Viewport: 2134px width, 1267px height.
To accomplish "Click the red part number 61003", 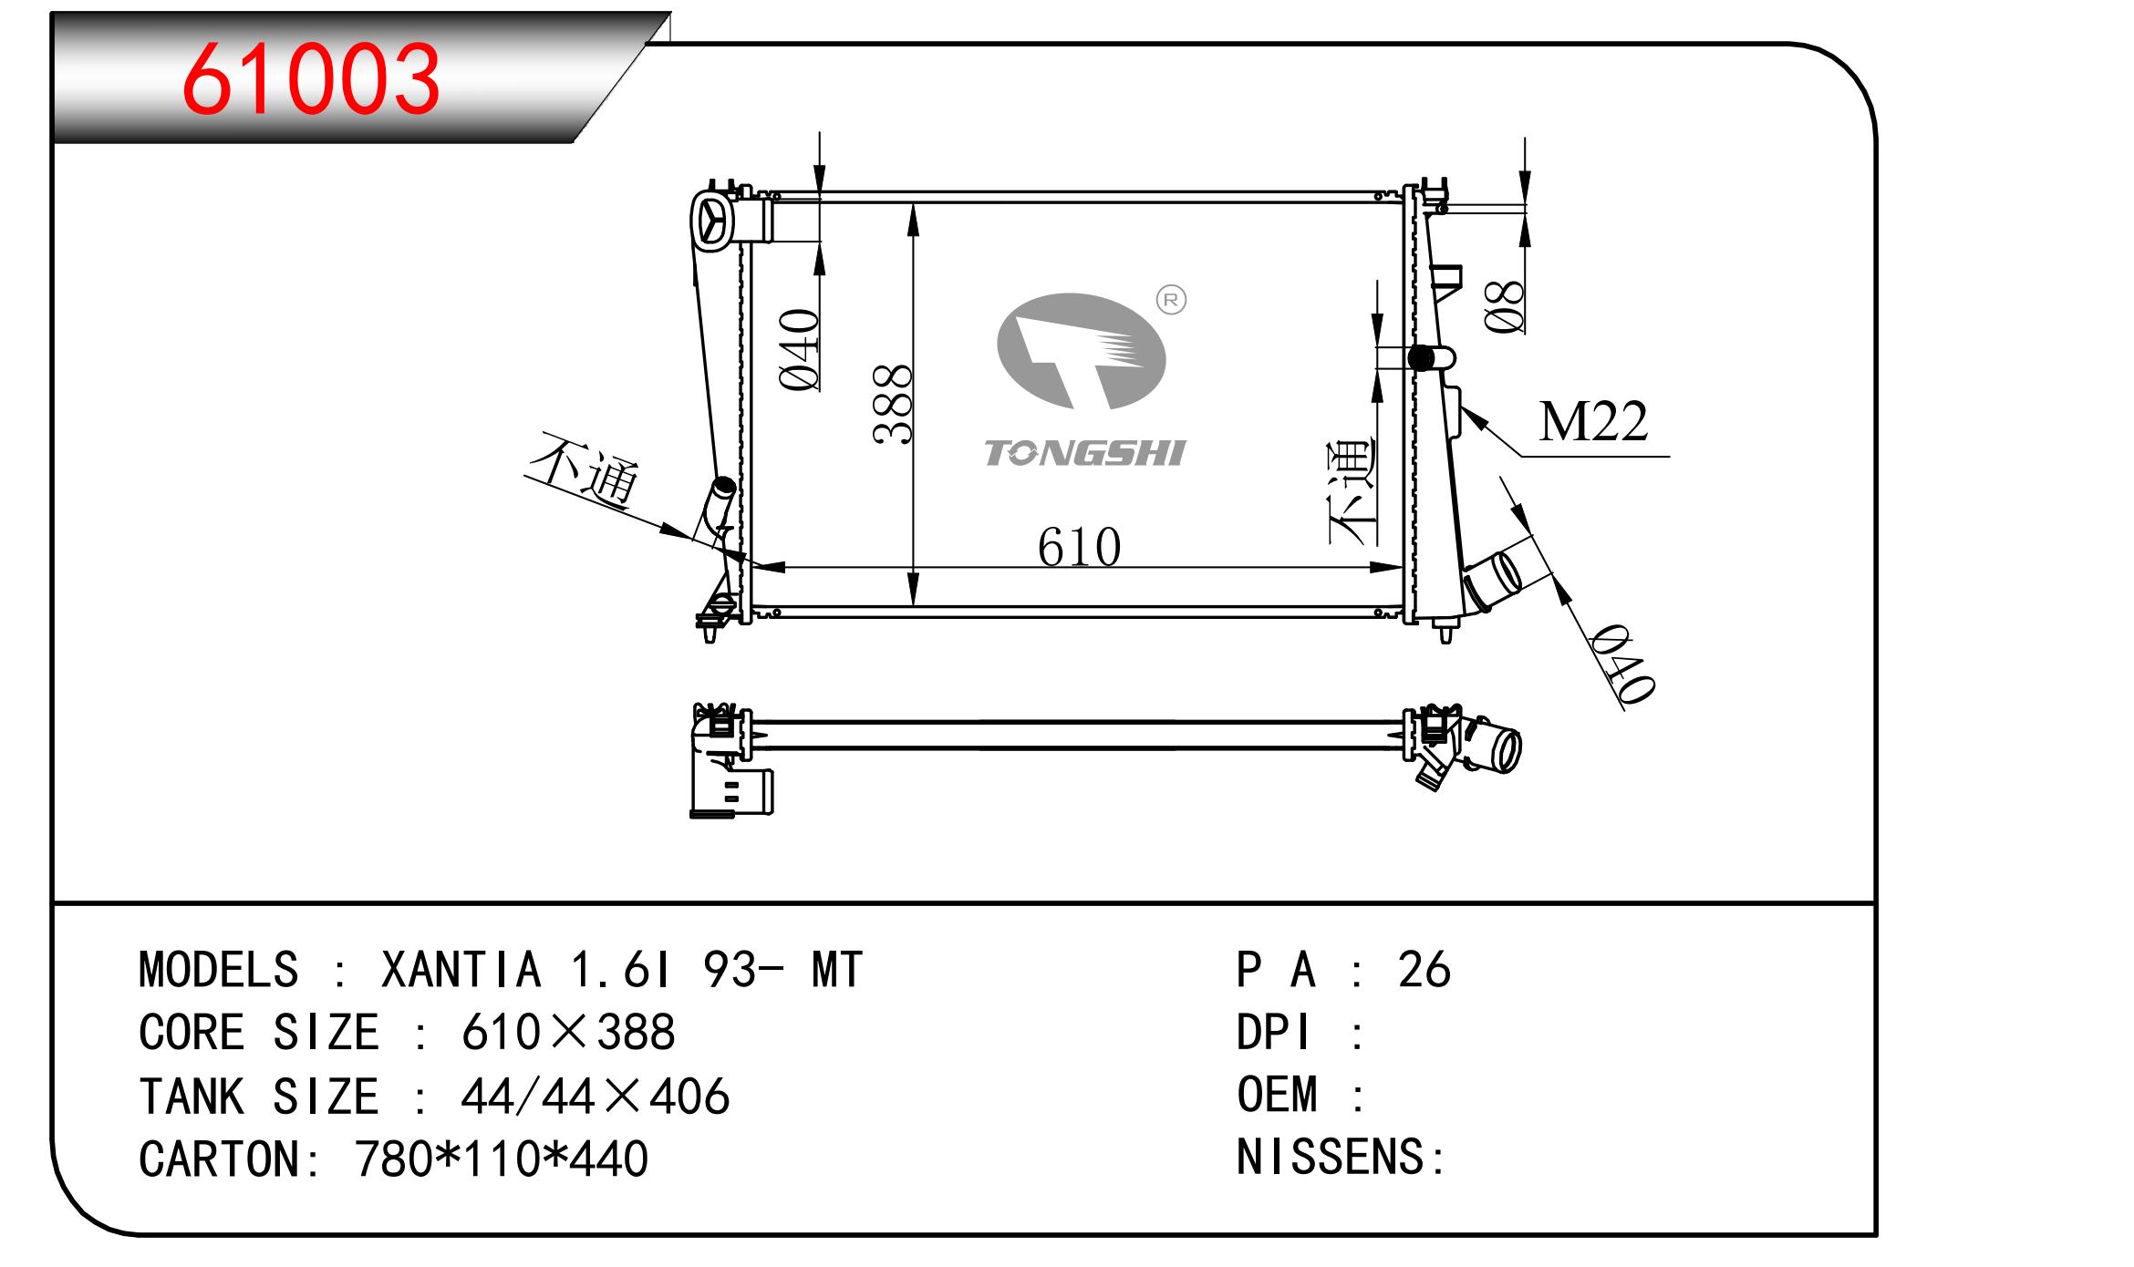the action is tap(311, 80).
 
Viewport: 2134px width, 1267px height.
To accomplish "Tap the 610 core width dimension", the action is tap(1079, 548).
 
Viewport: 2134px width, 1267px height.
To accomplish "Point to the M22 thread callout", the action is tap(1593, 422).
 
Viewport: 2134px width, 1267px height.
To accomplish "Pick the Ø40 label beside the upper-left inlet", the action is tap(801, 350).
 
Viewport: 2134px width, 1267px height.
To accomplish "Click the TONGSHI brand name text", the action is tap(1084, 453).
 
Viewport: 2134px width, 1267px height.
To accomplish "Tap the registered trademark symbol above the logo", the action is tap(1171, 300).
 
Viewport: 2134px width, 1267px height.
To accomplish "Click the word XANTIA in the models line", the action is tap(461, 970).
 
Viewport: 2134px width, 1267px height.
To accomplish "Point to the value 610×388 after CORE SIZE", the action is tap(568, 1033).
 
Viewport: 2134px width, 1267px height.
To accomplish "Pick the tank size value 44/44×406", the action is tap(596, 1097).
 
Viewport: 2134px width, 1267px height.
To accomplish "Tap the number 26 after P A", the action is tap(1424, 970).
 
